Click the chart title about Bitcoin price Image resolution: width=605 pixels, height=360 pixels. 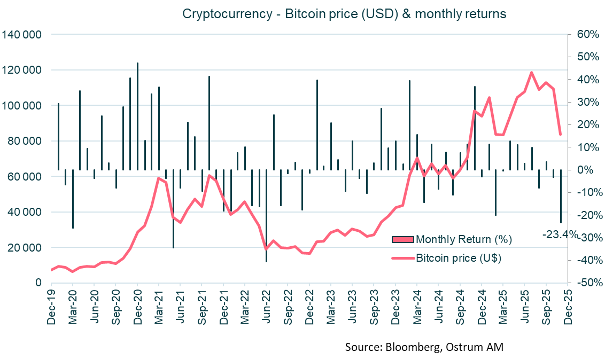pyautogui.click(x=344, y=14)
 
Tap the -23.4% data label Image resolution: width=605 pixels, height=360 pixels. pyautogui.click(x=560, y=234)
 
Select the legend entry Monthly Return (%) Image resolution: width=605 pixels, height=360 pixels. pyautogui.click(x=463, y=239)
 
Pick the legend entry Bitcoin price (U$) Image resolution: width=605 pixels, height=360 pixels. pyautogui.click(x=458, y=258)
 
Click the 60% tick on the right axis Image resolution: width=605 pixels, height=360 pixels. pyautogui.click(x=585, y=35)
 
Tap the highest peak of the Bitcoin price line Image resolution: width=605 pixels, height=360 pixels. pyautogui.click(x=532, y=72)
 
